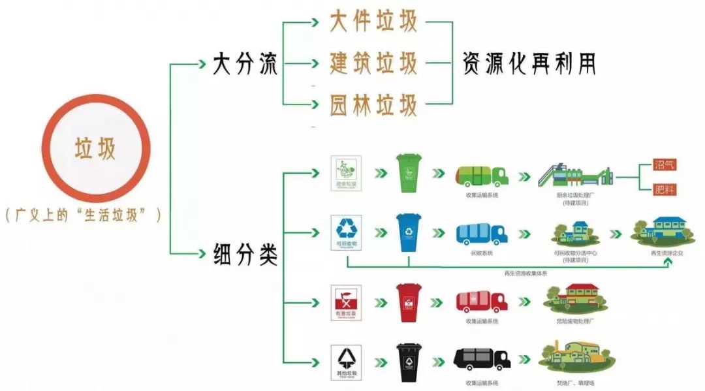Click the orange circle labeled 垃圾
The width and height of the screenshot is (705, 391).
click(96, 149)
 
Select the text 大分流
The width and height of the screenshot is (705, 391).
click(245, 65)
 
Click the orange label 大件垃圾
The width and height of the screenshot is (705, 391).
click(373, 22)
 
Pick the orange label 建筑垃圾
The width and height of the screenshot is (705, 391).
click(373, 63)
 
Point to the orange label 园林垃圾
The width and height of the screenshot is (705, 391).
click(373, 104)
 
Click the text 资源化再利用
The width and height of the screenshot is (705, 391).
click(529, 63)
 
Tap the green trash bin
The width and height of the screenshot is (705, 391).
click(410, 173)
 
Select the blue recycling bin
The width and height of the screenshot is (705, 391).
click(410, 233)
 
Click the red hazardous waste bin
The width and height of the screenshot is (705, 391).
click(409, 302)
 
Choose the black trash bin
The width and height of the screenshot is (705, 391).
click(409, 362)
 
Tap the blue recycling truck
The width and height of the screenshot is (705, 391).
click(482, 235)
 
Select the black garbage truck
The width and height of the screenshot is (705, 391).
click(482, 359)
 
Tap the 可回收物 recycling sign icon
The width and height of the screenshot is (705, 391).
click(345, 232)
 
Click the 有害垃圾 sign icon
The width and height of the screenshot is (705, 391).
click(345, 301)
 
